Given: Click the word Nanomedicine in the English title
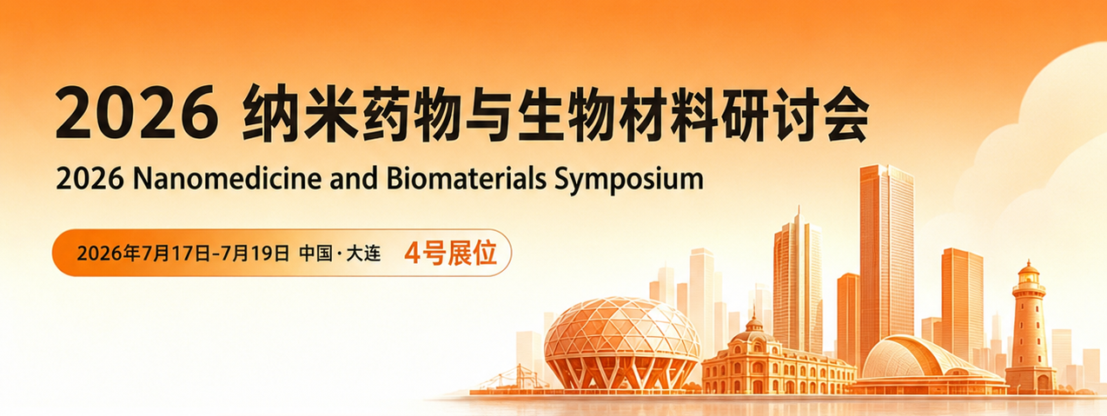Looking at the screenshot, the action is point(228,178).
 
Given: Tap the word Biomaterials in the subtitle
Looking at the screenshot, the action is point(467,178).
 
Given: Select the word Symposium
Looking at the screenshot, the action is point(629,180).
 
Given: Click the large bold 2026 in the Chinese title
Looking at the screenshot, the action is point(137,113).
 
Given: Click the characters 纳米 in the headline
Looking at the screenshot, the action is point(301,113).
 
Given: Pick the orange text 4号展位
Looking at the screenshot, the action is point(450,253).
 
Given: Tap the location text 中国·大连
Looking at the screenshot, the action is point(340,254).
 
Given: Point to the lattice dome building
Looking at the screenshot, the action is point(622,342).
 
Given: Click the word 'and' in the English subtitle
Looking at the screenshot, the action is point(355,178).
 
